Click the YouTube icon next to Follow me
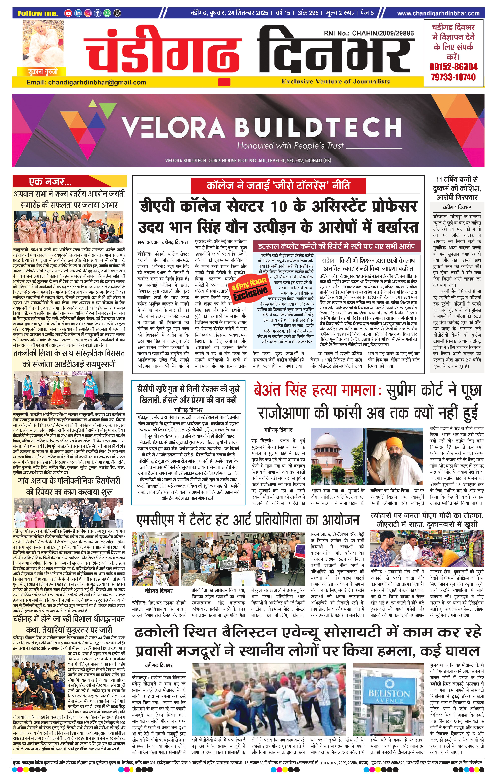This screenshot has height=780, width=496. pos(68,13)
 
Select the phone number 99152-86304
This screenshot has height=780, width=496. pos(453,67)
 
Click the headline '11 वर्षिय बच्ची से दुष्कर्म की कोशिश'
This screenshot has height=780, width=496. pos(457,184)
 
